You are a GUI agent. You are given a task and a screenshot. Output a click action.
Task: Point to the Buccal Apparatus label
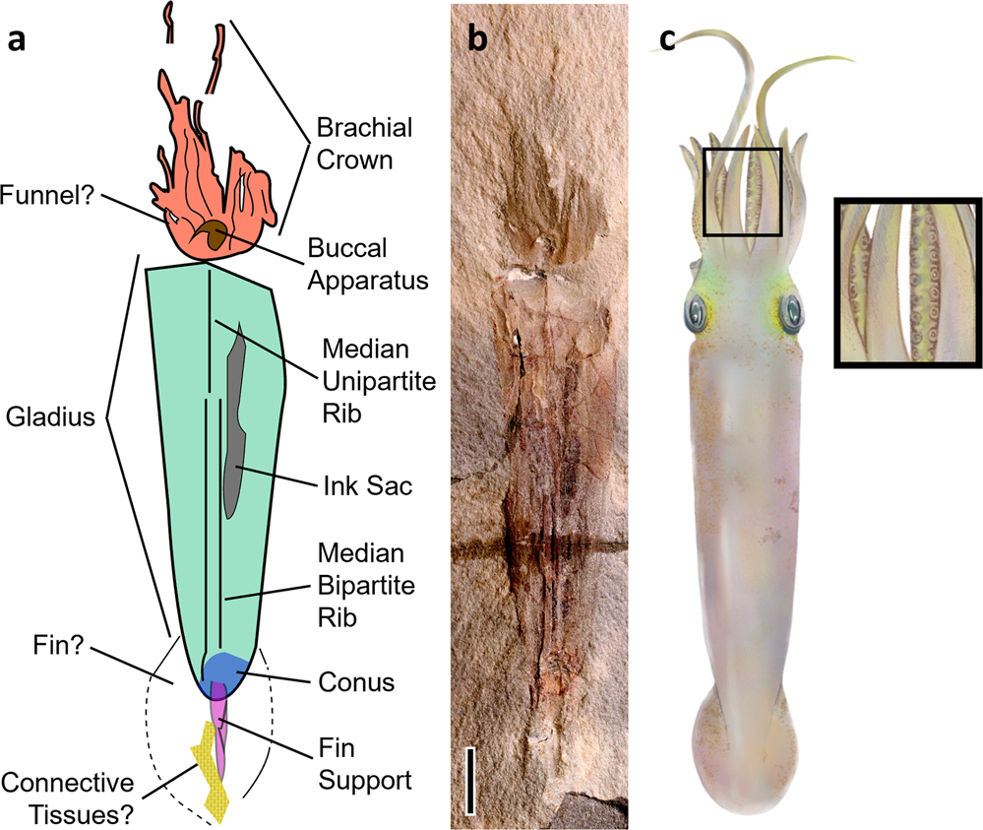pyautogui.click(x=367, y=265)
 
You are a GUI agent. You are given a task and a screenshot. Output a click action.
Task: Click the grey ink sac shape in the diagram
pyautogui.click(x=233, y=423)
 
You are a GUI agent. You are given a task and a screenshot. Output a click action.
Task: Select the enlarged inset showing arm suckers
pyautogui.click(x=907, y=283)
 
